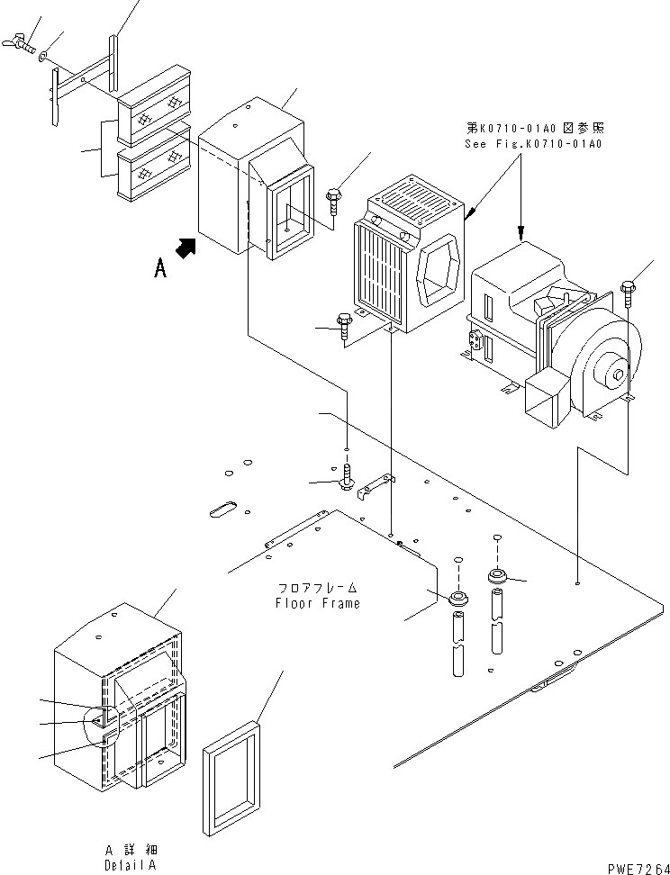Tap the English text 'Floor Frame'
tap(317, 603)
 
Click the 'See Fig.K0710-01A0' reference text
tap(532, 143)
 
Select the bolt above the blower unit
tap(627, 293)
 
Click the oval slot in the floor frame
tap(222, 510)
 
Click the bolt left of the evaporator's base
tap(344, 327)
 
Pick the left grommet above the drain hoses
tap(458, 597)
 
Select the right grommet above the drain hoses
tap(496, 575)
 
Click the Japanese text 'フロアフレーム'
tap(318, 588)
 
